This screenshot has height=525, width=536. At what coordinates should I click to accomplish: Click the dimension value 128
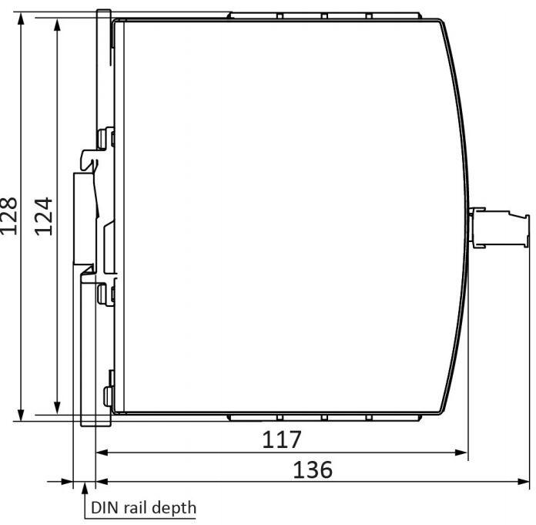tap(8, 216)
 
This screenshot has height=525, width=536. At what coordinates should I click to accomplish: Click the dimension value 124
tap(44, 216)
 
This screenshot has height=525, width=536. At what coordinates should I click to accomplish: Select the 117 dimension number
tap(282, 439)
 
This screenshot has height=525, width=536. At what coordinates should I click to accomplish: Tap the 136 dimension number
tap(313, 469)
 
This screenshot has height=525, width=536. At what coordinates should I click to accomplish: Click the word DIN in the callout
tap(104, 507)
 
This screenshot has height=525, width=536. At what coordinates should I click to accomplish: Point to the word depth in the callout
tap(174, 508)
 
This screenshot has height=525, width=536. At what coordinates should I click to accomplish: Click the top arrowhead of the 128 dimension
tap(22, 19)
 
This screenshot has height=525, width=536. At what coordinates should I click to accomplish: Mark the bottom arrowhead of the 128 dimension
tap(22, 414)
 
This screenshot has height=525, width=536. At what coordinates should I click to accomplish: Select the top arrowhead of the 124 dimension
tap(58, 25)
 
